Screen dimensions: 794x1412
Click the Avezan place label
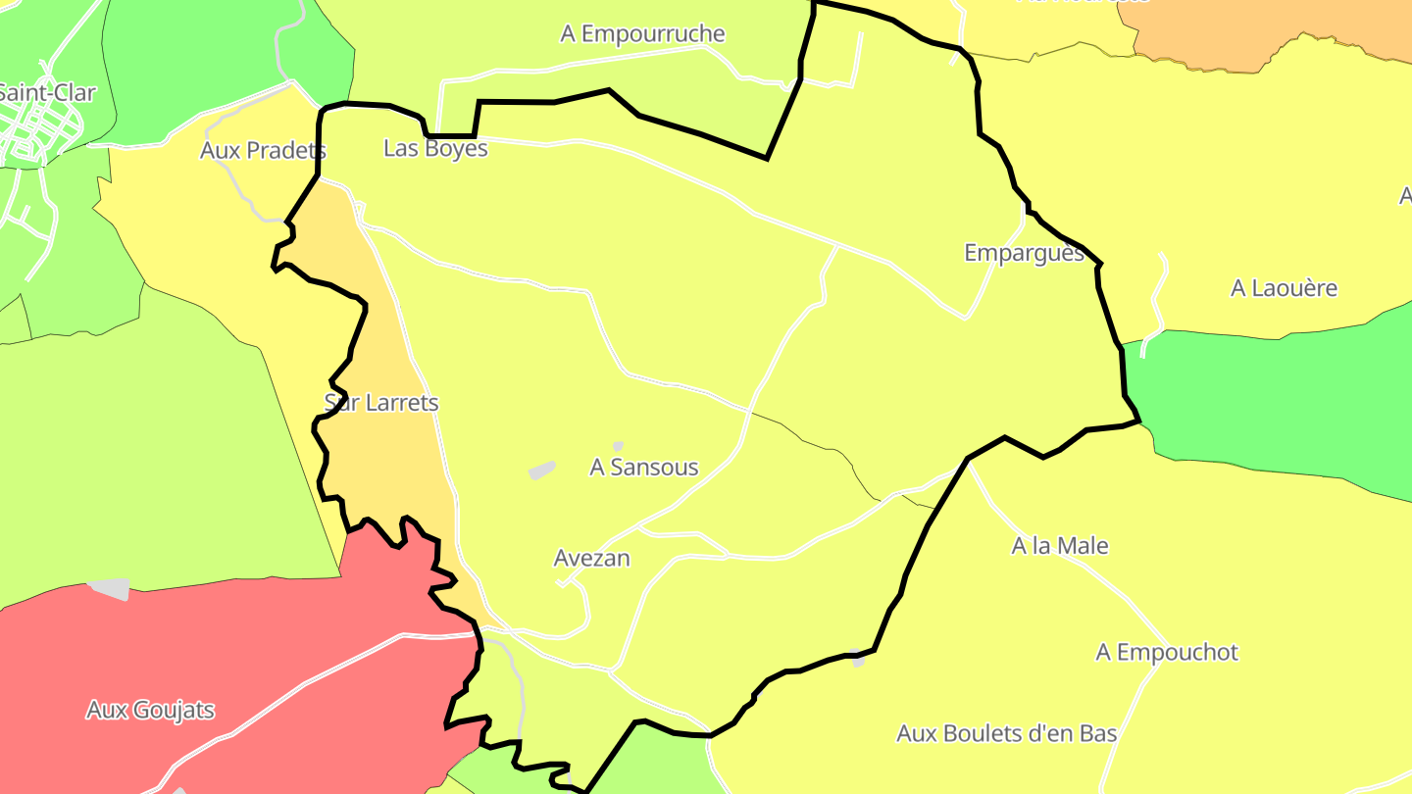tap(591, 559)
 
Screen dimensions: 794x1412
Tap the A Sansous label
tap(643, 468)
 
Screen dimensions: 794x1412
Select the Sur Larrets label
tap(380, 403)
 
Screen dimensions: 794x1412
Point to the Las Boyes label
tap(435, 149)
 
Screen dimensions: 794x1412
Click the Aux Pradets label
tap(263, 151)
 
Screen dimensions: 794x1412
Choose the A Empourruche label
tap(642, 34)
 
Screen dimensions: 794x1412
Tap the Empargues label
tap(1024, 253)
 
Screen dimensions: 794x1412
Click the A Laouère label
tap(1284, 288)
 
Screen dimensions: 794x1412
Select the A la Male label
tap(1060, 546)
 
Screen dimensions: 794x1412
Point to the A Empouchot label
tap(1167, 653)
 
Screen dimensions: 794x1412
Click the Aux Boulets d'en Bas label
tap(1006, 733)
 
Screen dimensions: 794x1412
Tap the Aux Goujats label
tap(150, 710)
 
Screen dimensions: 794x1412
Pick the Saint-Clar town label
tap(47, 93)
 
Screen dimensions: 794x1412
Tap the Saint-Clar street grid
tap(34, 137)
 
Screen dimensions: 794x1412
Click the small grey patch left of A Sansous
tap(541, 471)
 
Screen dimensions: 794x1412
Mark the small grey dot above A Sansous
tap(618, 446)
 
